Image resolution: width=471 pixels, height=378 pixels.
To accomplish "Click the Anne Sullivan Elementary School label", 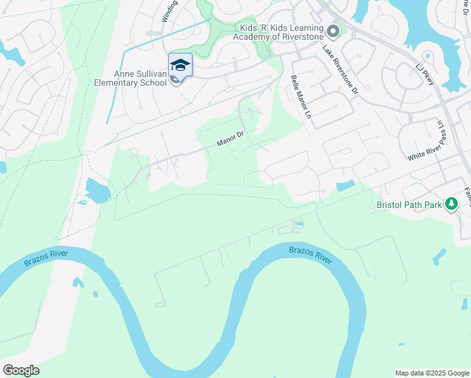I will tap(130, 78).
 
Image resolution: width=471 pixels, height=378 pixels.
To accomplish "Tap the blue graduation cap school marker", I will tap(180, 66).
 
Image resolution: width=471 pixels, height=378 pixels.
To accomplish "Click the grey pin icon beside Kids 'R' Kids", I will tap(333, 31).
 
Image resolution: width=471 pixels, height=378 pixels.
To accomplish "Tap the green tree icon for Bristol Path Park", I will tap(451, 204).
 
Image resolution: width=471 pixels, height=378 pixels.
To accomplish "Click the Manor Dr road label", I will tap(230, 138).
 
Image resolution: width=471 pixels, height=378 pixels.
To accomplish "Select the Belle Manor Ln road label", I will tap(301, 98).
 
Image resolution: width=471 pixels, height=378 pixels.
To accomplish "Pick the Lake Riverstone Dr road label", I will tap(340, 69).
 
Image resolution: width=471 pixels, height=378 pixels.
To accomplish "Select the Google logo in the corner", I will tap(21, 370).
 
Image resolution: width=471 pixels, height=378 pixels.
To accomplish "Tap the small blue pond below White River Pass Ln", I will tap(345, 186).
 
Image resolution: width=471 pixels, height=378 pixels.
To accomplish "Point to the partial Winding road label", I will tap(168, 11).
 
